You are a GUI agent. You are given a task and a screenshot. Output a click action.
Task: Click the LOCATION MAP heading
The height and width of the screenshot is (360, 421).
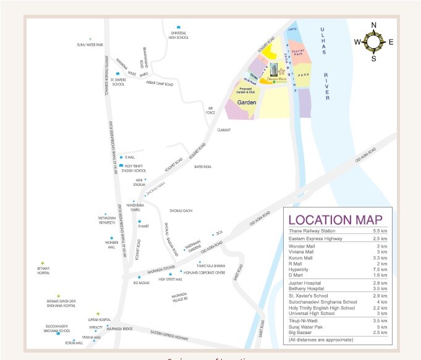click(x=336, y=219)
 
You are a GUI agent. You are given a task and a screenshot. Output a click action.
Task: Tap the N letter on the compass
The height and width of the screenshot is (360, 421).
click(x=373, y=25)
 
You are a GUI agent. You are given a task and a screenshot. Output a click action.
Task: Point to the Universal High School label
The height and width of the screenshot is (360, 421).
click(x=178, y=35)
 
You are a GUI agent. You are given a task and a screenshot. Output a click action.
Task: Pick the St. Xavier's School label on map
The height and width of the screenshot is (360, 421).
click(x=118, y=83)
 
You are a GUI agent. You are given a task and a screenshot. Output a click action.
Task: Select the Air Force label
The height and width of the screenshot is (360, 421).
click(x=212, y=110)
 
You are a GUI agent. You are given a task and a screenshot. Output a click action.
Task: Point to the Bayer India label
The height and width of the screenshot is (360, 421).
click(x=203, y=167)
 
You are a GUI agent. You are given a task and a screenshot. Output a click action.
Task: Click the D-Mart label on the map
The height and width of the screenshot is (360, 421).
click(x=143, y=226)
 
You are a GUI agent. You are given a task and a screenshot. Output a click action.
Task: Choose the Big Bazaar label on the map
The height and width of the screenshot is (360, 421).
click(x=142, y=283)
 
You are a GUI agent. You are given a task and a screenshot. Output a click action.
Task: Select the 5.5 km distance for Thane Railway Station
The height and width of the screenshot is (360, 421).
click(x=380, y=230)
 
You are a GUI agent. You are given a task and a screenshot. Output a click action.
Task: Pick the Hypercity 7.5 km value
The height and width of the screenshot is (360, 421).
click(x=380, y=269)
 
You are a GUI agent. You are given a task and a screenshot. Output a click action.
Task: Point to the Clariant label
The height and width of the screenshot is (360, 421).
click(x=224, y=130)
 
